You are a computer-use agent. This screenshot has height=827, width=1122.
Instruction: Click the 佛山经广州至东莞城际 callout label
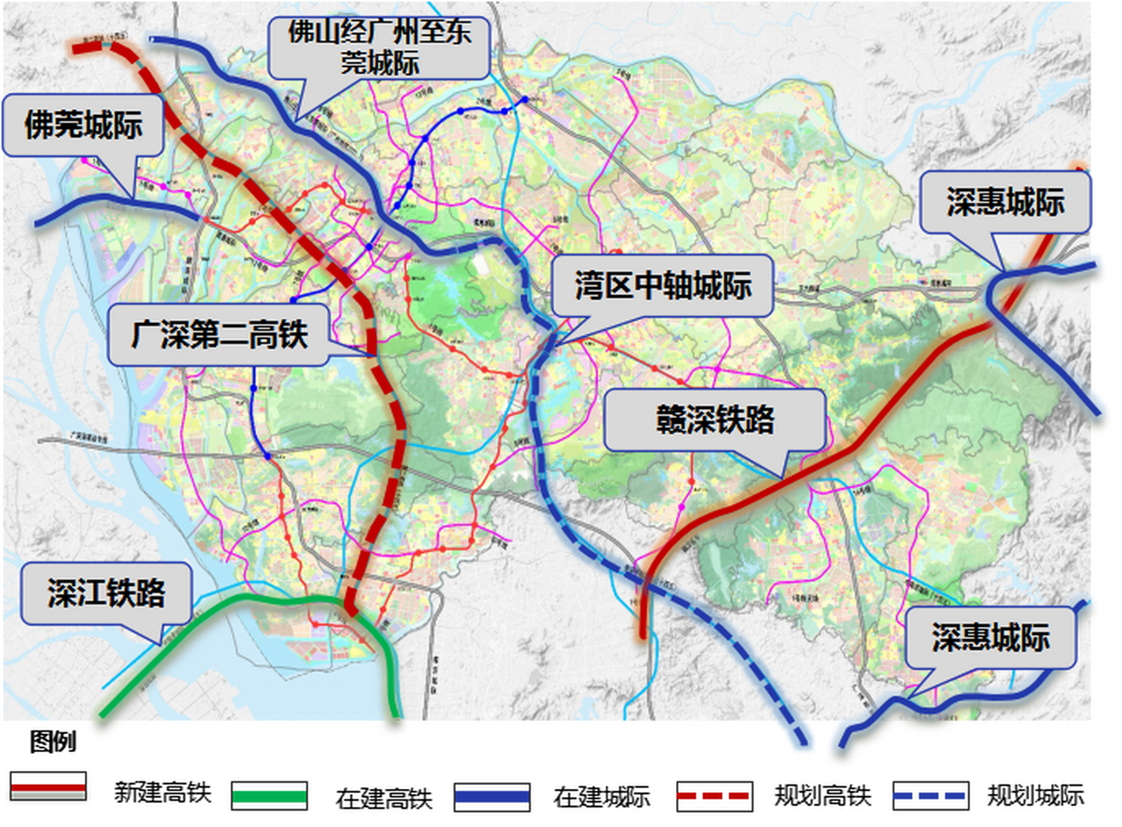[379, 48]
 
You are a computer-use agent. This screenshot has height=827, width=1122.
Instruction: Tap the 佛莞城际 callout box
[83, 125]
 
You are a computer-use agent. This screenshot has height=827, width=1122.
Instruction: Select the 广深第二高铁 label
[219, 335]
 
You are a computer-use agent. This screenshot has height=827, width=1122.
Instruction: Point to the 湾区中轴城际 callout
[663, 285]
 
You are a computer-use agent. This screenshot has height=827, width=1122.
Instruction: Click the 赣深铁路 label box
[715, 419]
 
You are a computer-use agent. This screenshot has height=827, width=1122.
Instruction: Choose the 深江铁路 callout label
[107, 592]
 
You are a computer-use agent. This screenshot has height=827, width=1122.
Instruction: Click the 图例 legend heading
[52, 741]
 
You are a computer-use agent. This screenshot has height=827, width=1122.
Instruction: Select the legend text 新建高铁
[163, 792]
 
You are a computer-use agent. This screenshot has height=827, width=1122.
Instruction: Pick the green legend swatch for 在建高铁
[270, 796]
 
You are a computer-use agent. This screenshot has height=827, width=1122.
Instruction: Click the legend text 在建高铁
[383, 799]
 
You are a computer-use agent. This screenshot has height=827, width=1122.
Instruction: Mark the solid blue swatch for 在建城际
[492, 797]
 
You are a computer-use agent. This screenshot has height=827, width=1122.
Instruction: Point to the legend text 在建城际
[601, 797]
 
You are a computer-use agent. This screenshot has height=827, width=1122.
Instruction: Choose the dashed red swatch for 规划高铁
[714, 796]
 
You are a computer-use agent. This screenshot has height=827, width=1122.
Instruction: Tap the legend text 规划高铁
[823, 796]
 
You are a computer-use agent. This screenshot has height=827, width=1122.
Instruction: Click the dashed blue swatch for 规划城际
[931, 796]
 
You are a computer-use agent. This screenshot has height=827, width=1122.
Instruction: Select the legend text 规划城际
[1035, 796]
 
